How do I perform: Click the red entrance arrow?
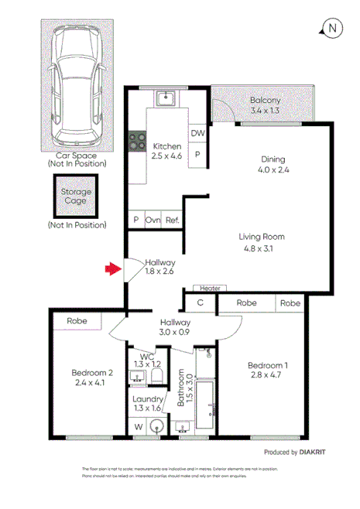113,269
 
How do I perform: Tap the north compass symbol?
331,29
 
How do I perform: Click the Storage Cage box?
76,196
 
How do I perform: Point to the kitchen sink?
164,98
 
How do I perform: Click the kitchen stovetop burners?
138,142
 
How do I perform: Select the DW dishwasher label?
197,134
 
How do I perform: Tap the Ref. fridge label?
172,220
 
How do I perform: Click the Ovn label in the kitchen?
153,220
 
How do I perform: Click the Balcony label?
265,101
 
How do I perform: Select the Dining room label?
272,161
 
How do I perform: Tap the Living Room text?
262,237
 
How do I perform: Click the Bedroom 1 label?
267,366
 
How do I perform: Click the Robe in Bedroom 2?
76,320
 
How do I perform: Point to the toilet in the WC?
156,376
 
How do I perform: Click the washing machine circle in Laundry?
156,425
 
